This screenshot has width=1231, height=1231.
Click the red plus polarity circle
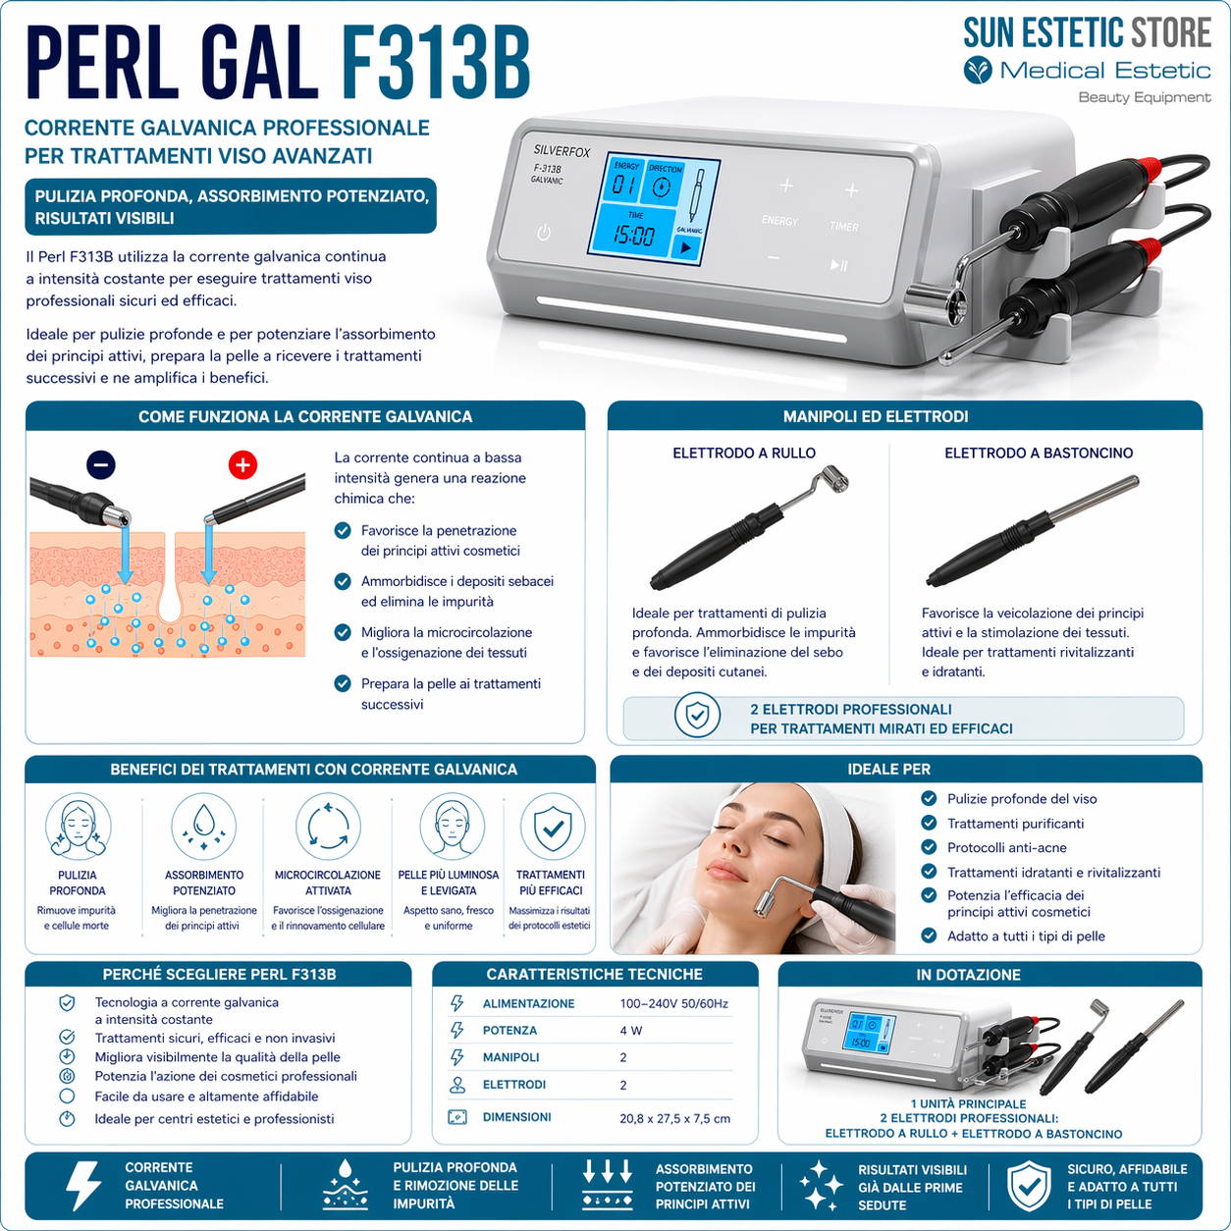pyautogui.click(x=242, y=464)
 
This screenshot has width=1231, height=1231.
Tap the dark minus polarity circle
pyautogui.click(x=101, y=464)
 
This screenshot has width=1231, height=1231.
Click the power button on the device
pyautogui.click(x=544, y=233)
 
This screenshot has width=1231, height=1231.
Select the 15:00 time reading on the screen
pyautogui.click(x=634, y=235)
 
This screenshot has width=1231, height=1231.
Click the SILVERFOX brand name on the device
pyautogui.click(x=562, y=150)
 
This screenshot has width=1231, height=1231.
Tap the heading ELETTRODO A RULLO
pyautogui.click(x=743, y=453)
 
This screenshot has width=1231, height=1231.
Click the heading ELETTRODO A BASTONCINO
pyautogui.click(x=1039, y=453)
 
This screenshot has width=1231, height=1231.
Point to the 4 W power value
pyautogui.click(x=630, y=1031)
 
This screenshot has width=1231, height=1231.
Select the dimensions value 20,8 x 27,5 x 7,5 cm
pyautogui.click(x=674, y=1118)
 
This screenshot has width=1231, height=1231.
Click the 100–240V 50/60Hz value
pyautogui.click(x=673, y=1003)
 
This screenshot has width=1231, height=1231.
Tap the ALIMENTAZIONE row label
pyautogui.click(x=528, y=1003)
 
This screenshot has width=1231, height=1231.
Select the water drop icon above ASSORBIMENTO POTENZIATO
pyautogui.click(x=204, y=827)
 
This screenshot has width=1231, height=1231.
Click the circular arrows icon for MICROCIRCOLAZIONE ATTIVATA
pyautogui.click(x=328, y=827)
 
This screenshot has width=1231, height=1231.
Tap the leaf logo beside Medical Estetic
pyautogui.click(x=978, y=71)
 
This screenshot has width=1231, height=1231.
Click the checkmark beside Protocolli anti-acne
pyautogui.click(x=929, y=847)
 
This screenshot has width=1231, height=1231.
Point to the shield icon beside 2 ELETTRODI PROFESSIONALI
pyautogui.click(x=697, y=717)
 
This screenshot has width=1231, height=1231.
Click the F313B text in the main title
pyautogui.click(x=435, y=65)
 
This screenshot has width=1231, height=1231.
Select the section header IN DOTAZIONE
pyautogui.click(x=989, y=975)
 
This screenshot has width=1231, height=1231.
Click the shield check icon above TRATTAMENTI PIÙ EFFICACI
pyautogui.click(x=552, y=827)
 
